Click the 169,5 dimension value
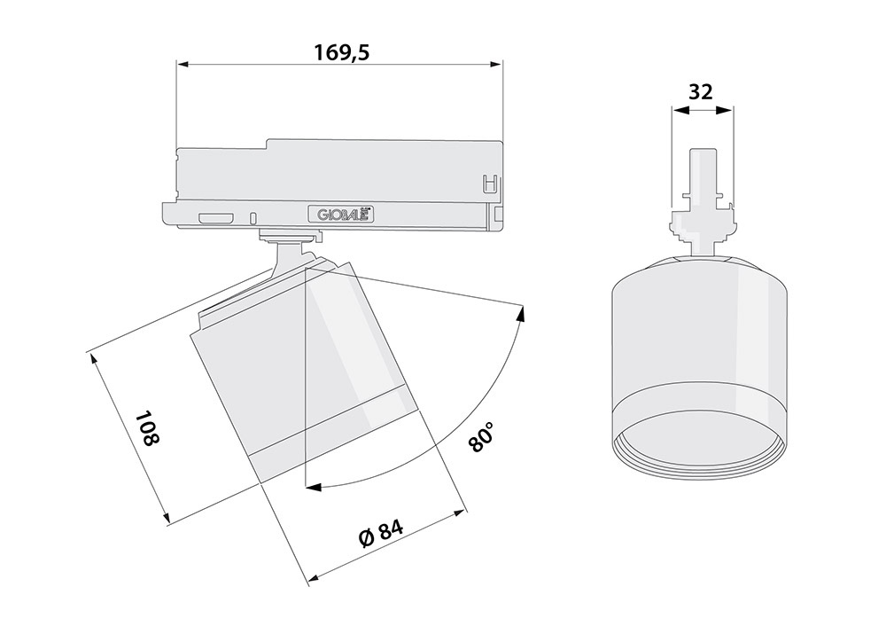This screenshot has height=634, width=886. tap(341, 52)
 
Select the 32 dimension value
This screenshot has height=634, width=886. tap(701, 91)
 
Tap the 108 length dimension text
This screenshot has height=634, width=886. tap(147, 428)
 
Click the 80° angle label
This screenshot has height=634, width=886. tap(482, 435)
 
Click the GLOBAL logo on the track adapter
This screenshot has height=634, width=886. tap(339, 215)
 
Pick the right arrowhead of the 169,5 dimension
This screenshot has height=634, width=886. tap(495, 64)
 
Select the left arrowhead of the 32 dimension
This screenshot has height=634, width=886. tap(679, 111)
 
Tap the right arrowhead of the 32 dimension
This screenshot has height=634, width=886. tap(725, 111)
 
